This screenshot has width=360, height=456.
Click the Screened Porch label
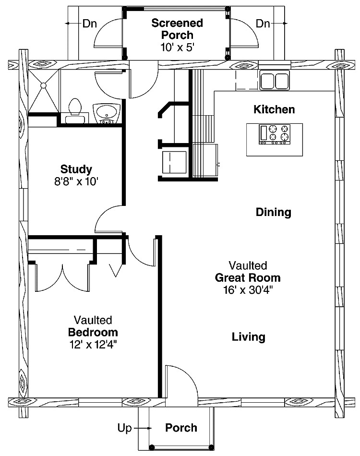[177, 29]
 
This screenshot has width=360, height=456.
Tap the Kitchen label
[274, 109]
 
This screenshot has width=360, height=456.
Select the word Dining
[273, 212]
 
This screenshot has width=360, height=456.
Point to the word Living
[249, 337]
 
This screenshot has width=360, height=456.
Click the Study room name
[76, 169]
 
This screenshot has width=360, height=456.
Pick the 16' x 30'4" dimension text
[248, 290]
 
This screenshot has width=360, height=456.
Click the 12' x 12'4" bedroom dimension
[93, 345]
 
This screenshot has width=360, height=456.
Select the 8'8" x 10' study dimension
[76, 182]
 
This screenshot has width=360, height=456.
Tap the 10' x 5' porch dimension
[177, 47]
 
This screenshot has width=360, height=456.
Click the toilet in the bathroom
[75, 110]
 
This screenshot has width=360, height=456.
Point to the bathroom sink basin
[106, 111]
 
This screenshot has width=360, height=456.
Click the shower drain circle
[43, 85]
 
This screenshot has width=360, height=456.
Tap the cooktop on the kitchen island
[275, 134]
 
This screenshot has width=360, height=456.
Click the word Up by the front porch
[124, 428]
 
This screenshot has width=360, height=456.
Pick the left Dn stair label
[90, 23]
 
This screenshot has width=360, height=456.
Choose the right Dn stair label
[263, 23]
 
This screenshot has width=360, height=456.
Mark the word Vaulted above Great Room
[248, 265]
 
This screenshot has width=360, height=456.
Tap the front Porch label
[181, 428]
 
